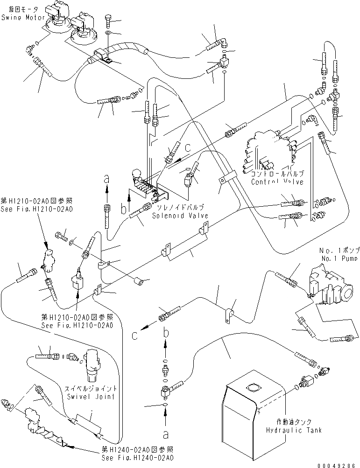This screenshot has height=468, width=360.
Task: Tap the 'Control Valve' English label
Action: click(277, 182)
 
